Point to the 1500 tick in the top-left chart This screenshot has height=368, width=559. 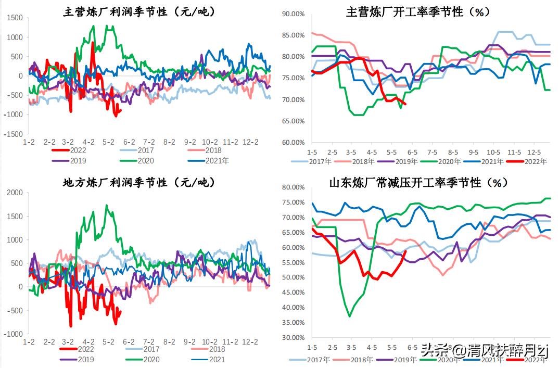tap(15, 18)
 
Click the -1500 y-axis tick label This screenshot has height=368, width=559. tap(13, 134)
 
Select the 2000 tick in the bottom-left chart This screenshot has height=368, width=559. tap(15, 193)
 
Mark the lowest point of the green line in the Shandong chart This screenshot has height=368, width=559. tap(349, 316)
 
